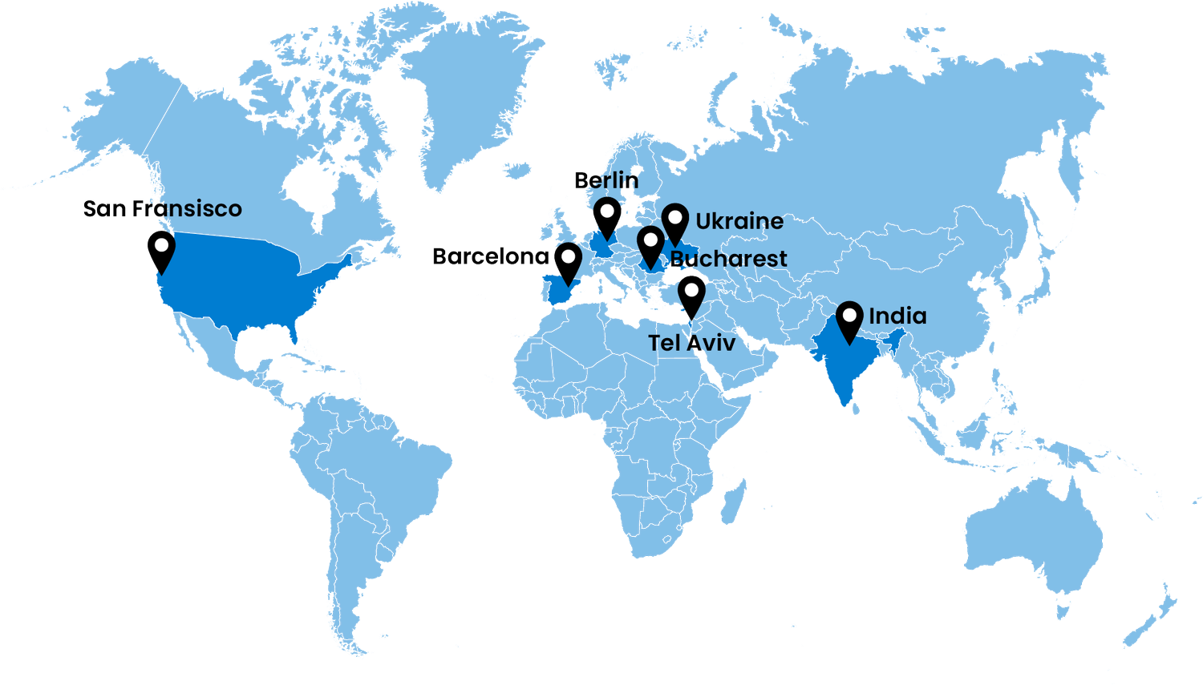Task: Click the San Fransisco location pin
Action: tap(161, 250)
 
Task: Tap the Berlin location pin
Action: tap(607, 217)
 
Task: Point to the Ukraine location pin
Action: tap(676, 222)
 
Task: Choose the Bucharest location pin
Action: tap(650, 244)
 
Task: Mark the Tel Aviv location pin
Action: tap(691, 295)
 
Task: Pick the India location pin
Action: tap(849, 320)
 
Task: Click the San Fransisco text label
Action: tap(163, 209)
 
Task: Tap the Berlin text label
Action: tap(606, 180)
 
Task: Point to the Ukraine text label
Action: tap(739, 221)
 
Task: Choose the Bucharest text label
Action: tap(728, 259)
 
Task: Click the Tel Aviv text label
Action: tap(691, 343)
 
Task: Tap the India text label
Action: tap(897, 316)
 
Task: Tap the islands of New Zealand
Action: tap(1155, 617)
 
